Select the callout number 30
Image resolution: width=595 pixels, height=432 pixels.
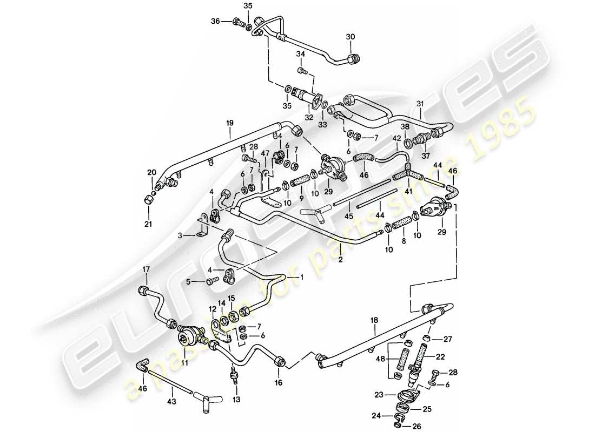pyautogui.click(x=351, y=37)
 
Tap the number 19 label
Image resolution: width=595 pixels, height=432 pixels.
pyautogui.click(x=229, y=123)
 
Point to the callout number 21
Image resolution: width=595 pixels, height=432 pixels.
pyautogui.click(x=148, y=224)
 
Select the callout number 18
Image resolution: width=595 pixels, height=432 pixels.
pyautogui.click(x=373, y=321)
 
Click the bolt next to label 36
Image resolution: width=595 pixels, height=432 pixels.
pyautogui.click(x=237, y=22)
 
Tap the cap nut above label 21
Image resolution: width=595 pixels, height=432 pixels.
pyautogui.click(x=149, y=200)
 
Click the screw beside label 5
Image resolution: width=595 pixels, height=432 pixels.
pyautogui.click(x=213, y=280)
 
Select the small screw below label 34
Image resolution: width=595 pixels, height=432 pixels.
pyautogui.click(x=302, y=70)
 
